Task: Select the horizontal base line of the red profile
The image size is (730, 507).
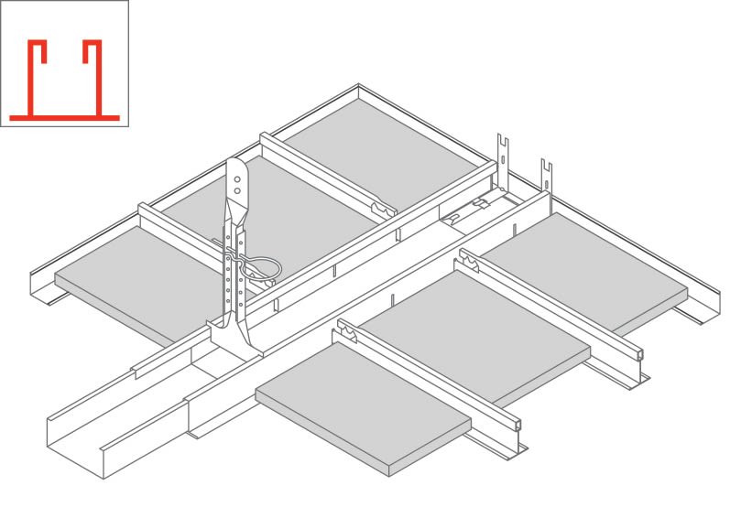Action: [64, 116]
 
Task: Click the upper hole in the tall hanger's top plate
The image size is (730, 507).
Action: [237, 174]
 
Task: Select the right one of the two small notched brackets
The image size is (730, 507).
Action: [546, 173]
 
